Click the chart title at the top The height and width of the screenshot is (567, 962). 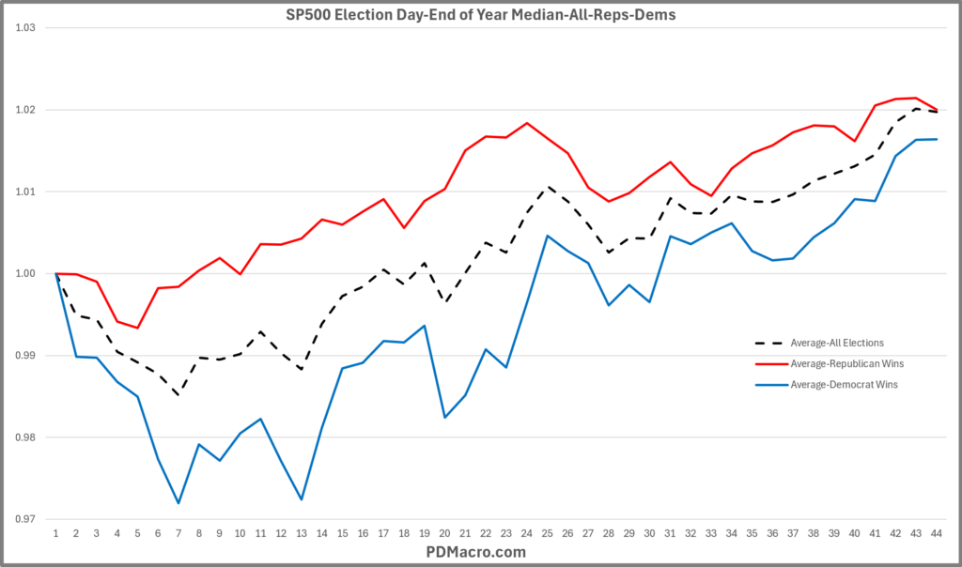pyautogui.click(x=480, y=14)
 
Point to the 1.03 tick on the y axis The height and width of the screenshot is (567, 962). pyautogui.click(x=24, y=28)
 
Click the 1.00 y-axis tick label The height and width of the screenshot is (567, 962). pyautogui.click(x=24, y=274)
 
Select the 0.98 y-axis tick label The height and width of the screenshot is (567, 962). pyautogui.click(x=24, y=437)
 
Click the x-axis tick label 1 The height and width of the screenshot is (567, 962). pyautogui.click(x=56, y=532)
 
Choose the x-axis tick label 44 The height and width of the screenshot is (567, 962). pyautogui.click(x=936, y=532)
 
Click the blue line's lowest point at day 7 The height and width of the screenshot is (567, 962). pyautogui.click(x=178, y=503)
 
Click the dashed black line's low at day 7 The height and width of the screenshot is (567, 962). pyautogui.click(x=178, y=395)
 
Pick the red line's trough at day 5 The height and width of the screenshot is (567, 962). pyautogui.click(x=138, y=328)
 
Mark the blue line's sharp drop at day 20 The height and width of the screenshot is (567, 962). pyautogui.click(x=444, y=417)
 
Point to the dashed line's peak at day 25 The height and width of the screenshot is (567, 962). pyautogui.click(x=547, y=186)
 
